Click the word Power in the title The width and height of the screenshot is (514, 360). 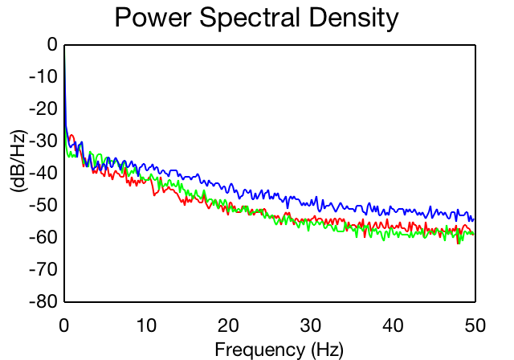[x=153, y=18]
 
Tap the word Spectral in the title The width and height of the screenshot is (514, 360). [x=250, y=18]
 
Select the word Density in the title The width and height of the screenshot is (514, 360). [x=353, y=18]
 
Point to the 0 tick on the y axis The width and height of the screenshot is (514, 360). [x=52, y=44]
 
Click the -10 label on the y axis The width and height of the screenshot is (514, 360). [x=43, y=76]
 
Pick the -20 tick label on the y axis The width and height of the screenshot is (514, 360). [x=43, y=108]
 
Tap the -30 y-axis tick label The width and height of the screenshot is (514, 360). [x=43, y=141]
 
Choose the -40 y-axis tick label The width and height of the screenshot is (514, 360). [x=43, y=173]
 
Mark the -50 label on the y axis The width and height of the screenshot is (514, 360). [x=43, y=205]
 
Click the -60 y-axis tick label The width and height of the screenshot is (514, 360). [x=43, y=237]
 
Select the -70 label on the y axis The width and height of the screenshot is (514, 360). [x=43, y=269]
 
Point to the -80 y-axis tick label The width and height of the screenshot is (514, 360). [x=43, y=301]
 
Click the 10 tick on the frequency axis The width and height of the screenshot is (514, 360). [x=146, y=325]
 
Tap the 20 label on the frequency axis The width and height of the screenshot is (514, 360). [x=228, y=325]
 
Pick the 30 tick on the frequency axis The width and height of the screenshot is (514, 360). [x=311, y=325]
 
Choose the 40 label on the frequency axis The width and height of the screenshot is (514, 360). [x=393, y=325]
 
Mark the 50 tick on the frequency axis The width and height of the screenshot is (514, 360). [x=475, y=325]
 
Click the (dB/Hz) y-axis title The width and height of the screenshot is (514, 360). [x=18, y=162]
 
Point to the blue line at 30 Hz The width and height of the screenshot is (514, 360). [x=311, y=203]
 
